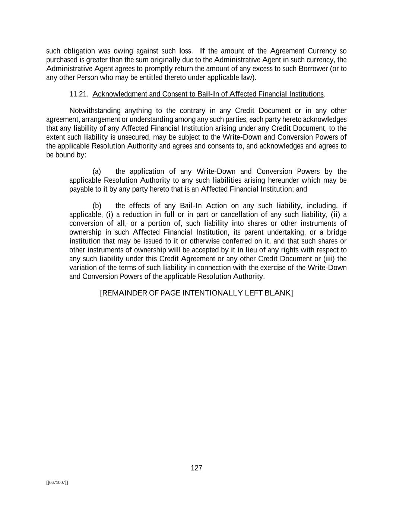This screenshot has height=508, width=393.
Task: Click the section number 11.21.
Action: point(79,94)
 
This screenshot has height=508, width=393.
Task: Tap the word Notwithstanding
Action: point(95,111)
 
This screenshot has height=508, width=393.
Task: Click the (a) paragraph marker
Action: point(97,172)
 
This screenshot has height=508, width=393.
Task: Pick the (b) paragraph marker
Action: point(97,206)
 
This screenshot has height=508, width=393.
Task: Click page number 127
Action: point(196,468)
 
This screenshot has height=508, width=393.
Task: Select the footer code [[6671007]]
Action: point(57,483)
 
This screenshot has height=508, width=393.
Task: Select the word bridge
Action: point(337,233)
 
